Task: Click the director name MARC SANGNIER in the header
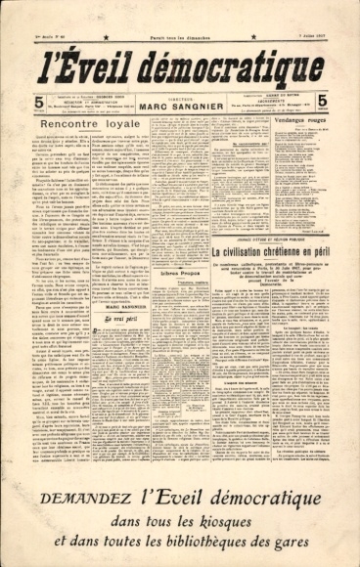tap(180, 106)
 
